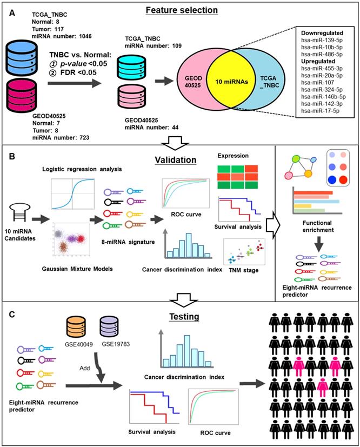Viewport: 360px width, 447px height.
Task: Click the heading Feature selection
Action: [183, 10]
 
